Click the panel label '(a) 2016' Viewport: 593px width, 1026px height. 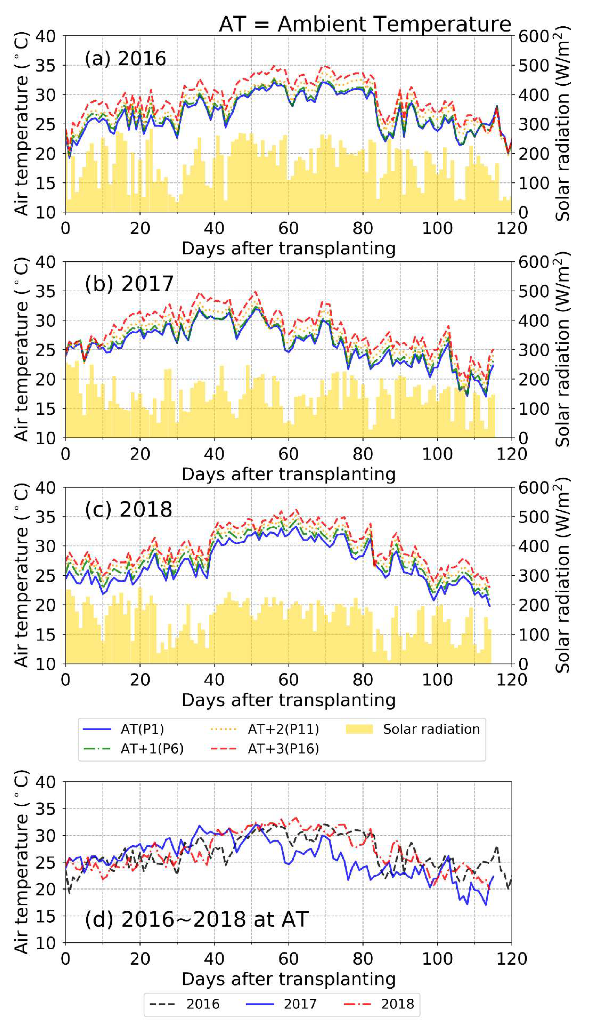point(125,59)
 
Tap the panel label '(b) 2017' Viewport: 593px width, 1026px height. point(129,284)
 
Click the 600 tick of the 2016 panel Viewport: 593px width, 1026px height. point(533,36)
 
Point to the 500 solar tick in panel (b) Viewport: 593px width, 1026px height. point(533,292)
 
